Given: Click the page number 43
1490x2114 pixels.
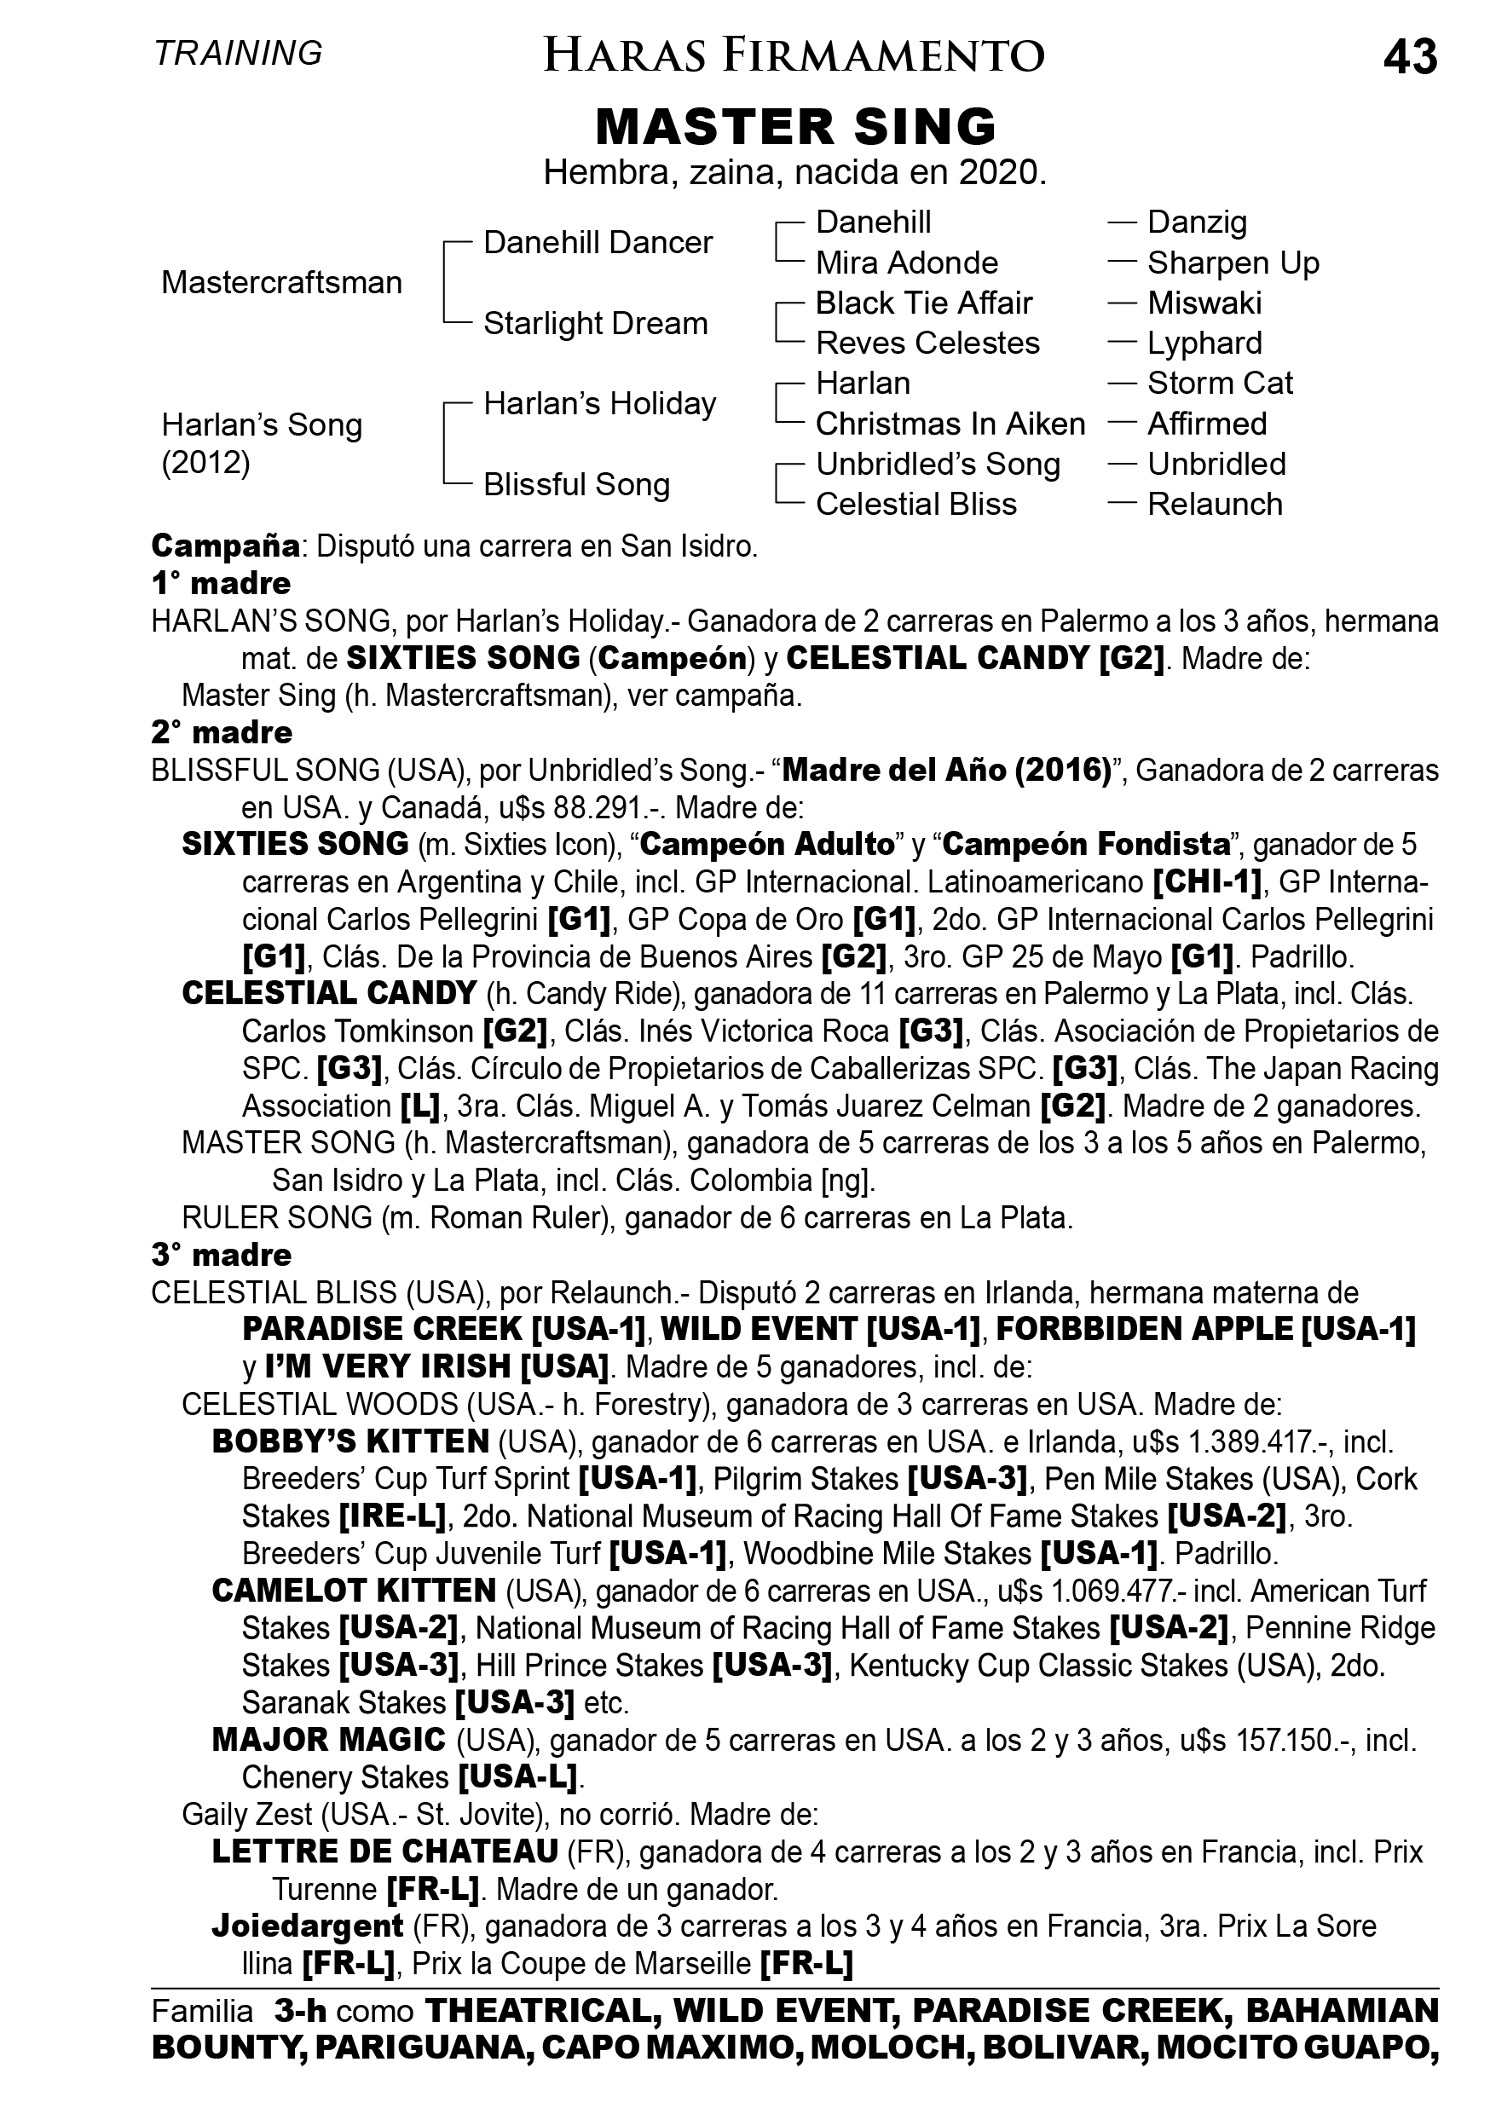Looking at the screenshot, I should [1409, 57].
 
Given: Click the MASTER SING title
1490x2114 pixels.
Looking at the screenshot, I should [795, 126].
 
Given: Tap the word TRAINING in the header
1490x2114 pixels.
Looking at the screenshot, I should [239, 54].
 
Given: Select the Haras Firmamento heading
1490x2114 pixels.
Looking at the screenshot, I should [794, 55].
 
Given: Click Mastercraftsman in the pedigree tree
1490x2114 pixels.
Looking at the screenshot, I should [282, 283].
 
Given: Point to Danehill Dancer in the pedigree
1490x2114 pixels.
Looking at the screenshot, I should [598, 243].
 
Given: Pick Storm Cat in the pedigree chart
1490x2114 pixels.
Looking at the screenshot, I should [1219, 383].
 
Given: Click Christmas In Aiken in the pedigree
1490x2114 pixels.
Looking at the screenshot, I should [950, 424].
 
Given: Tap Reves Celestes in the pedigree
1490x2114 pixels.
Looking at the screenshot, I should [927, 344].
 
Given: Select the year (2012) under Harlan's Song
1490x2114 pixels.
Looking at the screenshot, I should [205, 462].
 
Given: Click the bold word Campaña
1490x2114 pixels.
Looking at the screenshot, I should [226, 546].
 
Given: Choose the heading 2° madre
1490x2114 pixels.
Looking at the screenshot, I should [221, 733].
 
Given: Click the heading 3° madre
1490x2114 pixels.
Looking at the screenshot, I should [221, 1255].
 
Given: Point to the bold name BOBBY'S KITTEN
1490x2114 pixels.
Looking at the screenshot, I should [350, 1441].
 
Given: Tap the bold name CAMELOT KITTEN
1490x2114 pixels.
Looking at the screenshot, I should [354, 1591].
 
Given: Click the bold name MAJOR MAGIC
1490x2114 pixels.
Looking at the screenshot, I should [329, 1740].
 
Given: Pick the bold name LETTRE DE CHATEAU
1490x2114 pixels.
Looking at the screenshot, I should [385, 1851].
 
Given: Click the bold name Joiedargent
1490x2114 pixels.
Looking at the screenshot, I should [308, 1926].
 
